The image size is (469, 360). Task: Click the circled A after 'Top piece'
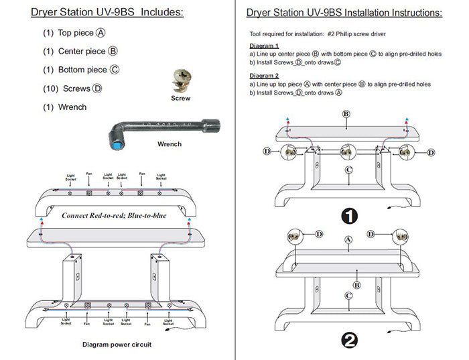click(100, 33)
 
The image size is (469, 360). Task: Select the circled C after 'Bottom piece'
click(115, 70)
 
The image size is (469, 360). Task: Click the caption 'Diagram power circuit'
click(116, 344)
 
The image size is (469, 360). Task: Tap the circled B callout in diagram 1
click(346, 114)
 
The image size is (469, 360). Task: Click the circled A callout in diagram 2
click(347, 239)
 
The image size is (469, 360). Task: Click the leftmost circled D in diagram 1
click(266, 153)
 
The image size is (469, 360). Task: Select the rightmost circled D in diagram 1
click(429, 153)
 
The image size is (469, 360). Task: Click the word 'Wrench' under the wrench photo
click(170, 144)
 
